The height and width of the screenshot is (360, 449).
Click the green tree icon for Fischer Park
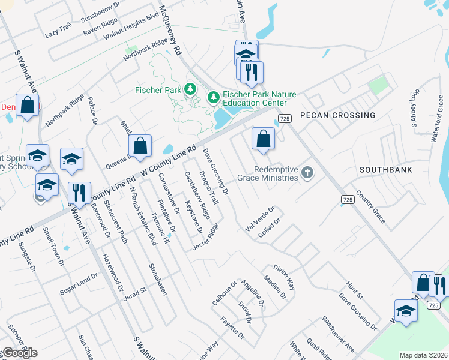(191, 89)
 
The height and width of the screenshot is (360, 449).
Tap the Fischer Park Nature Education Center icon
(212, 96)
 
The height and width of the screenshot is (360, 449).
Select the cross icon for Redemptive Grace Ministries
(307, 173)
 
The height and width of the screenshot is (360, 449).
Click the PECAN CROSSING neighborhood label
(337, 115)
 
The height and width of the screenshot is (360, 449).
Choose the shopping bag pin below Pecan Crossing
(263, 139)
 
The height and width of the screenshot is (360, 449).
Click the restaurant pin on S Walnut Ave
(79, 193)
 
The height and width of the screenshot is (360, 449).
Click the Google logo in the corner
(20, 353)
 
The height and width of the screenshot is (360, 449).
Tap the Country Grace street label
(370, 205)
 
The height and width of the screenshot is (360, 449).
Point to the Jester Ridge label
(205, 237)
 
